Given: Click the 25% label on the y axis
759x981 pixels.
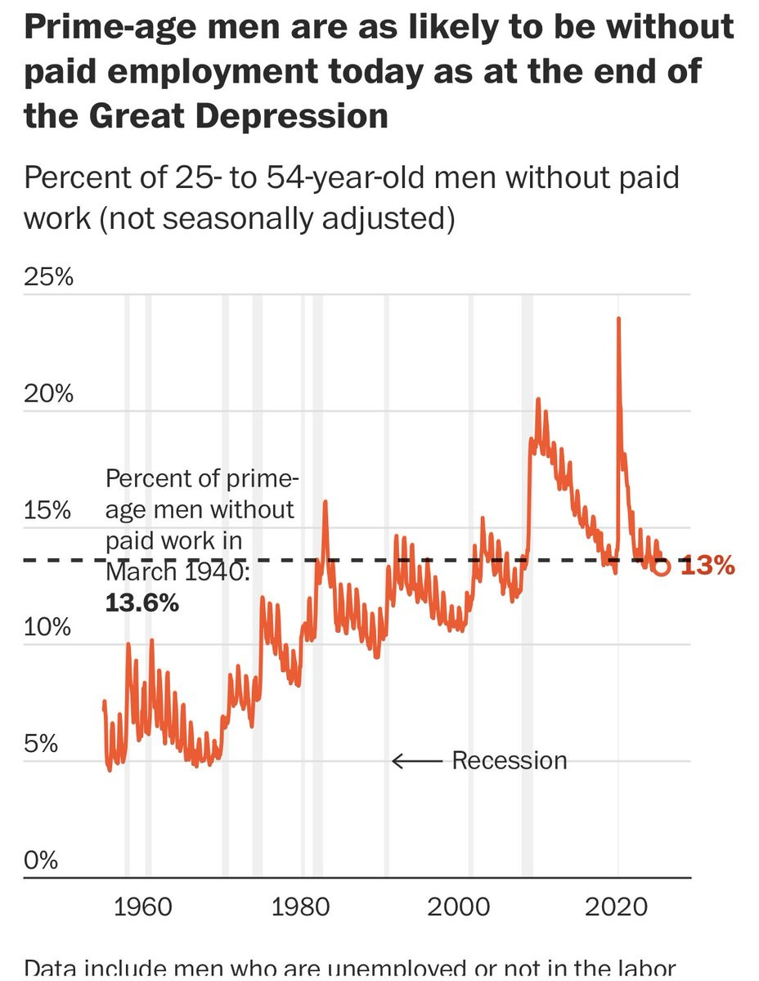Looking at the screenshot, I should point(49,278).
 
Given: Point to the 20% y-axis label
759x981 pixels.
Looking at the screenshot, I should point(49,395).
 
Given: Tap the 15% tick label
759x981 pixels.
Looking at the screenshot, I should point(49,512).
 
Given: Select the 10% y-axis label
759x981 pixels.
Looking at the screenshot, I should point(49,629).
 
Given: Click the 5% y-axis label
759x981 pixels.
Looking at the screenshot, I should point(41,745).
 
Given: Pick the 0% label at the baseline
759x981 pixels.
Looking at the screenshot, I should point(41,861).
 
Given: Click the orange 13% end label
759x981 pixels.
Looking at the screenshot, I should point(707,566).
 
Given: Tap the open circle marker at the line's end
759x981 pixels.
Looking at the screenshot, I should point(661,567).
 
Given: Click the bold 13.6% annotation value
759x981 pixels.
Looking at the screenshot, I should point(141,604).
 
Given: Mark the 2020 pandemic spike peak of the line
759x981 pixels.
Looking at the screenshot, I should point(618,318).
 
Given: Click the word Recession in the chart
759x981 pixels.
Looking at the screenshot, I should point(509,761).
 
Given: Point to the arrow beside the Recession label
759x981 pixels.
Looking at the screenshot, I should point(417,761).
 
